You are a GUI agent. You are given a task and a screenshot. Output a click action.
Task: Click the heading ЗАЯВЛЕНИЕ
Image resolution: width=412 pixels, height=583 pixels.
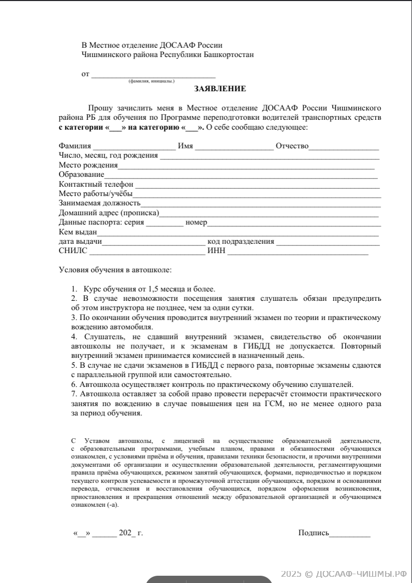[220, 89]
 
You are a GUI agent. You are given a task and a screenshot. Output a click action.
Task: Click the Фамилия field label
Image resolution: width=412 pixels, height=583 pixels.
[75, 146]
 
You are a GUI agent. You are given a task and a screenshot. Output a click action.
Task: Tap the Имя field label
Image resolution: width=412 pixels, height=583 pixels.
[185, 146]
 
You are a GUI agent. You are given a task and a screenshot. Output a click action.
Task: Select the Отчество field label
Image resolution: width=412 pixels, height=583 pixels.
[292, 146]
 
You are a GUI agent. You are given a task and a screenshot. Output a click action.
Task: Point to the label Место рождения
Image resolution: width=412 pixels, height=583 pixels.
[88, 165]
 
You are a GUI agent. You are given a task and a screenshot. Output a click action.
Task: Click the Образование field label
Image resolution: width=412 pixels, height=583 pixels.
[81, 175]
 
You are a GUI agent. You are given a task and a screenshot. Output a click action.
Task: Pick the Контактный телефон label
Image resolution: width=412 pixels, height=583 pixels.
[96, 184]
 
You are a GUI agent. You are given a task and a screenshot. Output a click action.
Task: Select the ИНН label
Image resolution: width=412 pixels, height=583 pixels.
[216, 252]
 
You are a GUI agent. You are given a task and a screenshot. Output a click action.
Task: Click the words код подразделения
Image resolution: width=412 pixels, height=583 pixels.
[240, 242]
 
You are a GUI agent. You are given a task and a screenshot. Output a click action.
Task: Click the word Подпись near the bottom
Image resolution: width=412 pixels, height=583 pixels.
[314, 533]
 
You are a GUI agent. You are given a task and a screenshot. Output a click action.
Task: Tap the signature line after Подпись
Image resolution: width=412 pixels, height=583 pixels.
[350, 534]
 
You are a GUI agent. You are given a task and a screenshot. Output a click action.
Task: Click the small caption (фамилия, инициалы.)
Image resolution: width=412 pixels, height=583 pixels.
[151, 81]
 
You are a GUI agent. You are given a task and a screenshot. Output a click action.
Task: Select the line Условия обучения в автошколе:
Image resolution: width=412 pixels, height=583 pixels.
[115, 270]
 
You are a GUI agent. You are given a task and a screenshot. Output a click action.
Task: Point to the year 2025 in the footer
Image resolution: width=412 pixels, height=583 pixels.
[291, 573]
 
